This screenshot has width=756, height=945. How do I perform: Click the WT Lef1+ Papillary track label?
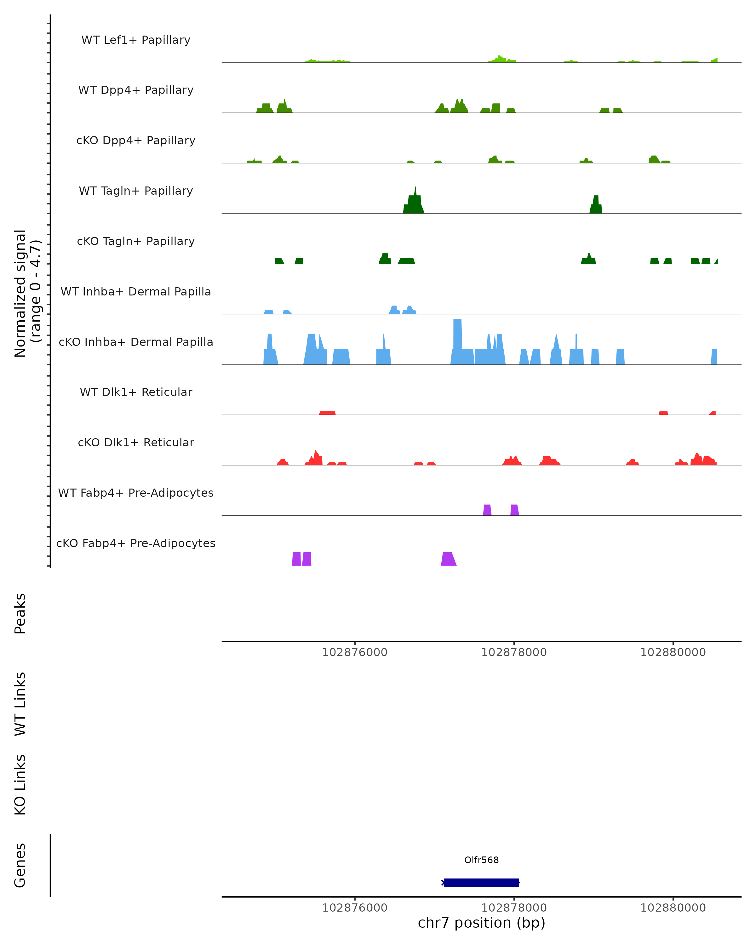point(136,40)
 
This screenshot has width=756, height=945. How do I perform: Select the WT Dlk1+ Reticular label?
point(136,392)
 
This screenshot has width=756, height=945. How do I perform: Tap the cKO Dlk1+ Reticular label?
point(136,442)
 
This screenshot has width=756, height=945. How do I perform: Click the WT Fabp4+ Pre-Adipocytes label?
point(136,493)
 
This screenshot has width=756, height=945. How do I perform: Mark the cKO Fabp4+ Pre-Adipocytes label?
point(136,543)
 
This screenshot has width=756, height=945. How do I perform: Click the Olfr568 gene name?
point(481,860)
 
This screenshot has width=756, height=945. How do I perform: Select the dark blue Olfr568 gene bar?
point(481,882)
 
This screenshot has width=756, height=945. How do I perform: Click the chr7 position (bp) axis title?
point(481,923)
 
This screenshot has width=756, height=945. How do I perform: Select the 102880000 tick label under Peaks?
point(673,652)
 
